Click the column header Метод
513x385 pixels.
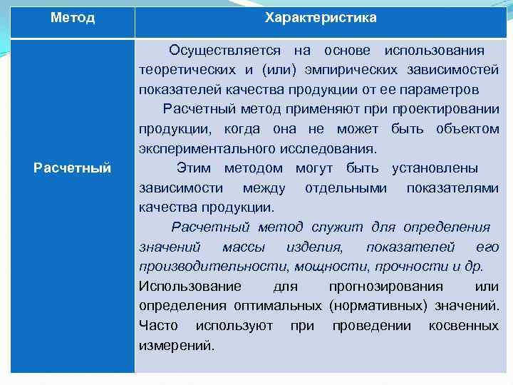(73, 18)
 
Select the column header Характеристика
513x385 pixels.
(321, 18)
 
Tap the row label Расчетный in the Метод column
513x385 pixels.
(73, 168)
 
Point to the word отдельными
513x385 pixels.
(346, 188)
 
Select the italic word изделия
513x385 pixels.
(313, 247)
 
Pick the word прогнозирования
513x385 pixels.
(385, 286)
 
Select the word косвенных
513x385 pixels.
(463, 326)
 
